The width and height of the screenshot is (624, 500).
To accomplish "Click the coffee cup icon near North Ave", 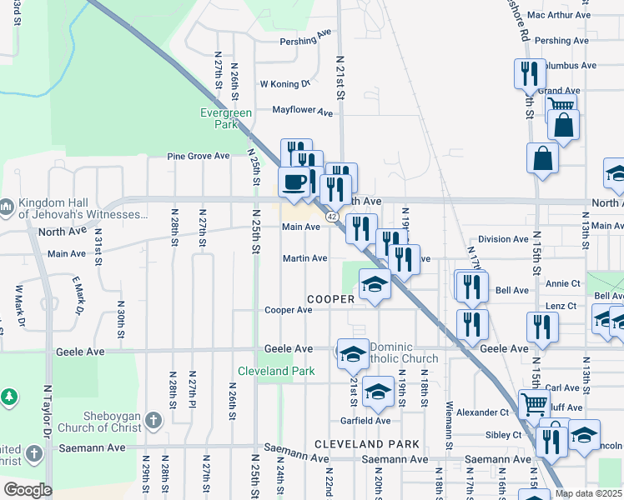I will click(x=294, y=182).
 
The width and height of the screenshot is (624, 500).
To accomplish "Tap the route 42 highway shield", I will click(x=331, y=217).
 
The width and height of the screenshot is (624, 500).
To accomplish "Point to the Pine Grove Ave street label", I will click(x=198, y=156).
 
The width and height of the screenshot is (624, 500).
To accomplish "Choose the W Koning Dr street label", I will click(x=284, y=83).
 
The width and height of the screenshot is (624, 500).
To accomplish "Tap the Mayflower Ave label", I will click(x=302, y=111).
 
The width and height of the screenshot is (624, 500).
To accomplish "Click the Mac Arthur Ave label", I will click(x=558, y=15).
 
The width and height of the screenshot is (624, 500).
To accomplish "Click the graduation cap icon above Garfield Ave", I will click(x=378, y=392).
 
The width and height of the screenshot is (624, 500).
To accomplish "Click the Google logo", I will click(x=28, y=490).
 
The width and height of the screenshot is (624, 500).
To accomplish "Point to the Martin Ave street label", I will click(x=304, y=258).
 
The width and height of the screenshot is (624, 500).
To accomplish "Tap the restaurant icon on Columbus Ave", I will click(x=528, y=72).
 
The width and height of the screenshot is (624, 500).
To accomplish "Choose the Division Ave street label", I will click(x=503, y=239).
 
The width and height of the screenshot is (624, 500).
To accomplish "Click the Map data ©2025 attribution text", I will click(x=588, y=493).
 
